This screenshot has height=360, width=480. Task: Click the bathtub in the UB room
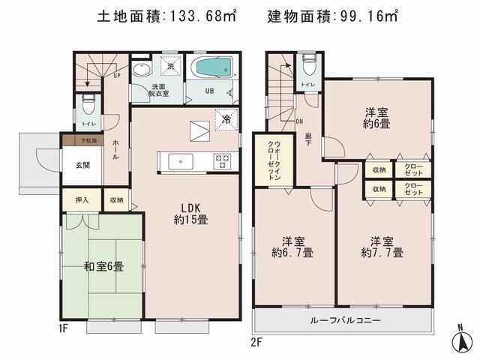tap(214, 69)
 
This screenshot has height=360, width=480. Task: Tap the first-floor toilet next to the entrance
tap(87, 102)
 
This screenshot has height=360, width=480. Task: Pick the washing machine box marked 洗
tap(170, 66)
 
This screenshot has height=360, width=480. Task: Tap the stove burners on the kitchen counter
tap(223, 158)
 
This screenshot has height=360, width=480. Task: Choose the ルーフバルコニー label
tap(345, 320)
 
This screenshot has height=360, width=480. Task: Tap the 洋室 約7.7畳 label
tap(382, 247)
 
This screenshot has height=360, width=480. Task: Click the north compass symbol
tap(463, 340)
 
